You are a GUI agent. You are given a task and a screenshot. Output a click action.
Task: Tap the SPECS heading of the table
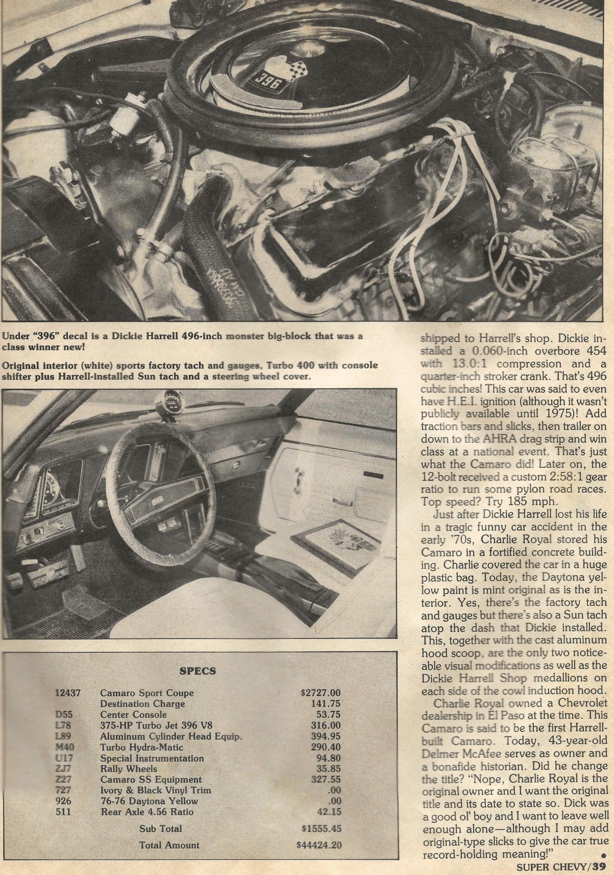198,671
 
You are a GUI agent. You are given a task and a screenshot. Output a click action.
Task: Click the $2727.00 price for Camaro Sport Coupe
320,693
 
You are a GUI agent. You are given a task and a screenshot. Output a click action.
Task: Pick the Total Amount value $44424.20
318,845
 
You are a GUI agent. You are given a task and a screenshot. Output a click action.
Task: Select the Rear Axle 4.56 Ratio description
147,811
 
